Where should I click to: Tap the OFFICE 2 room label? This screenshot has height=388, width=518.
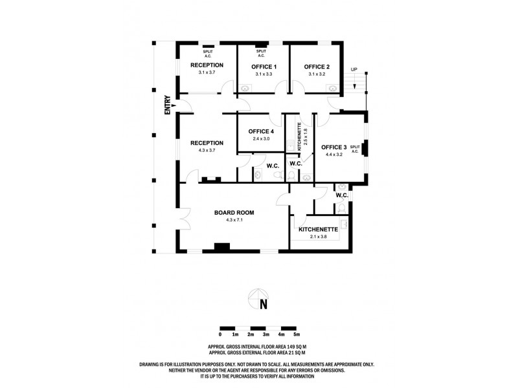point(317,67)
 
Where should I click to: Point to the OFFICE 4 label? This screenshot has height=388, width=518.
point(262,132)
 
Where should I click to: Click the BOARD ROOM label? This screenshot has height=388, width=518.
point(234,213)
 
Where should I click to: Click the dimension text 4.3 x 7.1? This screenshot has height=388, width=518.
point(234,221)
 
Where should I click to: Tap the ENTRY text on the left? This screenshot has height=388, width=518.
point(167,105)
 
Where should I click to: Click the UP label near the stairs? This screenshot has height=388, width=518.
point(354,69)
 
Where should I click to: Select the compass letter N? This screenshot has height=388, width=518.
point(263,305)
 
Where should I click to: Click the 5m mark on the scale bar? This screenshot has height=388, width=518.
point(297,334)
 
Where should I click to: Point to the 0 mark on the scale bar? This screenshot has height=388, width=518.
point(220,334)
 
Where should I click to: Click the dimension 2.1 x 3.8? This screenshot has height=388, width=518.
point(317,237)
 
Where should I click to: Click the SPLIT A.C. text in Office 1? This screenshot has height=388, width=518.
point(261,54)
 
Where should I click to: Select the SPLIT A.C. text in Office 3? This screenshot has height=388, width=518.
point(354,149)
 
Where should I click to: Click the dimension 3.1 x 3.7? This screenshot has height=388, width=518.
point(207,72)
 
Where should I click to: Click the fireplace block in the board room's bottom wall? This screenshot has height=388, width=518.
point(222,246)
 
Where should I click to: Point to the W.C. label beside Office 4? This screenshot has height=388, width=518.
point(272,166)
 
